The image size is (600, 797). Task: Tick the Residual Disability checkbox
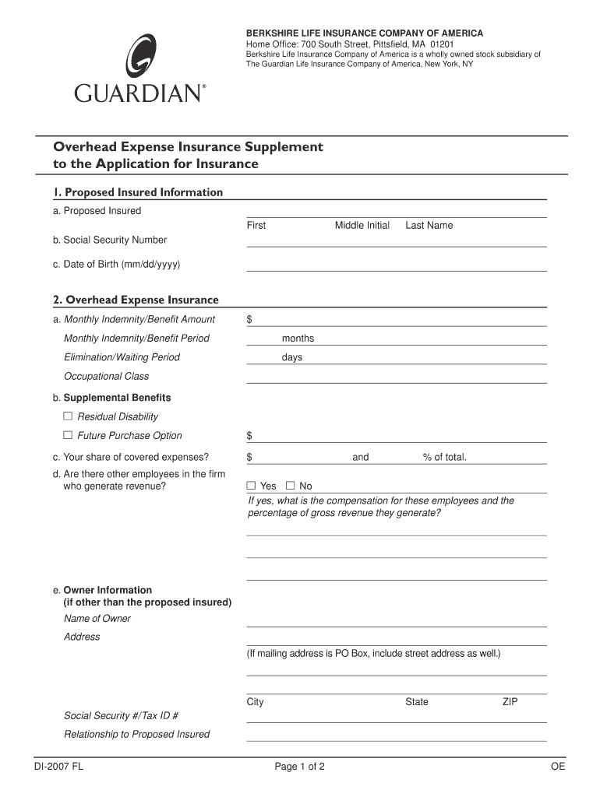(68, 416)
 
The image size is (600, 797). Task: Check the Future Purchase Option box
(68, 435)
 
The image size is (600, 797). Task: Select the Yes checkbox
(251, 486)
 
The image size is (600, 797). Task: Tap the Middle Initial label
(362, 226)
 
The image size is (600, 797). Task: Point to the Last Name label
(429, 226)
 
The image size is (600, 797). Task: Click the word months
(298, 339)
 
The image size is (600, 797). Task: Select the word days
(292, 358)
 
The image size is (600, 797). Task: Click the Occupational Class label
(106, 377)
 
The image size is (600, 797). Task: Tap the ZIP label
(510, 702)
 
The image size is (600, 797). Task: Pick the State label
(416, 702)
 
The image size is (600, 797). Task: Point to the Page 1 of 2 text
(299, 767)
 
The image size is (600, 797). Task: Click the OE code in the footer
(557, 767)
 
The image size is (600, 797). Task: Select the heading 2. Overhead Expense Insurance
(136, 300)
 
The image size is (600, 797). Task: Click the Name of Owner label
(97, 619)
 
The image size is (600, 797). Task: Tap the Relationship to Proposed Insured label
(136, 735)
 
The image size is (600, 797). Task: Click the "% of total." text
(445, 457)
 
